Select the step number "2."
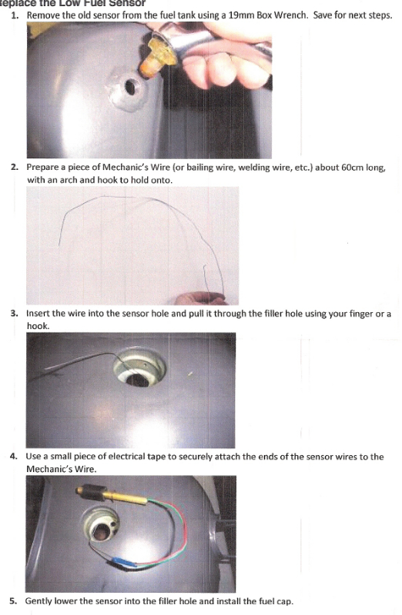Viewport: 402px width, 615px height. (x=15, y=167)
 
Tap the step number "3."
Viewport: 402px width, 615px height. (x=15, y=314)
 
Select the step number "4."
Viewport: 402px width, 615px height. (x=15, y=457)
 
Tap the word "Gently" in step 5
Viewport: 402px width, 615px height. (x=40, y=600)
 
